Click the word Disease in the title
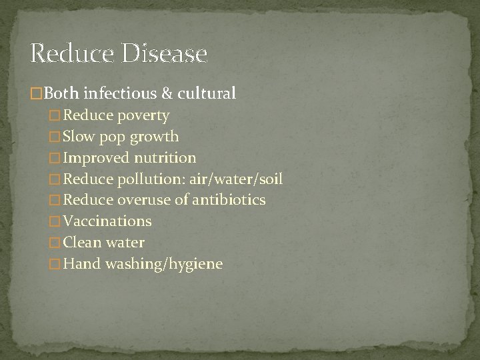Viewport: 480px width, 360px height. click(x=165, y=53)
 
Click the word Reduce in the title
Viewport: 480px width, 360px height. click(x=73, y=53)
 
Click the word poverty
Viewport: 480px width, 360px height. click(x=144, y=115)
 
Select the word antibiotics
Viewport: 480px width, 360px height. click(x=229, y=200)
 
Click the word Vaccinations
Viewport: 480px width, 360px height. click(x=107, y=221)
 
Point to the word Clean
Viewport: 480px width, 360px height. click(x=82, y=243)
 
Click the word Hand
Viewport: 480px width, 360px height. click(x=80, y=264)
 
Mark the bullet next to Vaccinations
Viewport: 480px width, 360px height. click(x=55, y=221)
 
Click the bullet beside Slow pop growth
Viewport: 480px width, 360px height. click(x=55, y=137)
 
